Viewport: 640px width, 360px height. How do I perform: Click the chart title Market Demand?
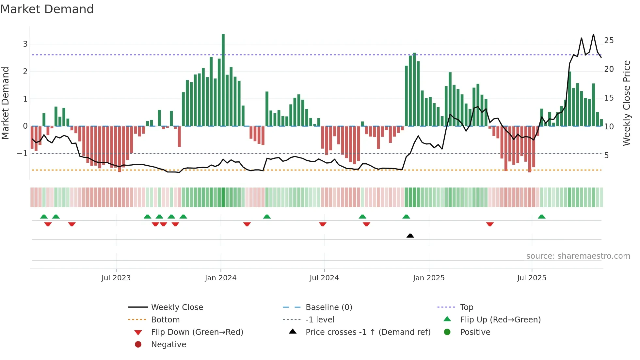(47, 9)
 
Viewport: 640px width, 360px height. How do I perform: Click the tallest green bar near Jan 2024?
(223, 80)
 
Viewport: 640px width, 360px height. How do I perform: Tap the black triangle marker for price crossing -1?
(410, 236)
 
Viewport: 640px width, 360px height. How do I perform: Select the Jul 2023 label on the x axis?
(116, 278)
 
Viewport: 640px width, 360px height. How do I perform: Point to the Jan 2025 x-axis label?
(428, 278)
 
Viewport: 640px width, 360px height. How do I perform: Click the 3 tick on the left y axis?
(25, 44)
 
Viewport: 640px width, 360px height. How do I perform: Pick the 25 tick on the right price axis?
(609, 41)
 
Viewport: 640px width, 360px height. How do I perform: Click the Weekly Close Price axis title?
(626, 103)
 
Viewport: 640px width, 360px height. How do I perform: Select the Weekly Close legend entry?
(177, 307)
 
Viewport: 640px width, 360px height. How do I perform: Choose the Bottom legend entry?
(165, 320)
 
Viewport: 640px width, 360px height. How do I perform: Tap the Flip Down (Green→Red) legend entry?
(197, 332)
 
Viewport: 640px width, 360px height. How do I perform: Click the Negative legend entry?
(168, 345)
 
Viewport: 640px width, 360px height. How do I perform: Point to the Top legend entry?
(466, 307)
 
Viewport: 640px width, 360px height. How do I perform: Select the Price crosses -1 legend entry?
(368, 332)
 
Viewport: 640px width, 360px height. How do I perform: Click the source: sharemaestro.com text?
(578, 256)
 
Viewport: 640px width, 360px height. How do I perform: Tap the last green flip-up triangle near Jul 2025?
(541, 217)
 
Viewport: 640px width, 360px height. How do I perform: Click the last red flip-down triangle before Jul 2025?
(489, 224)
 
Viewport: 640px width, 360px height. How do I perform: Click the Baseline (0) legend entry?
(328, 307)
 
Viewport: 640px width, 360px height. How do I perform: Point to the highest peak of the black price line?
(593, 34)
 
